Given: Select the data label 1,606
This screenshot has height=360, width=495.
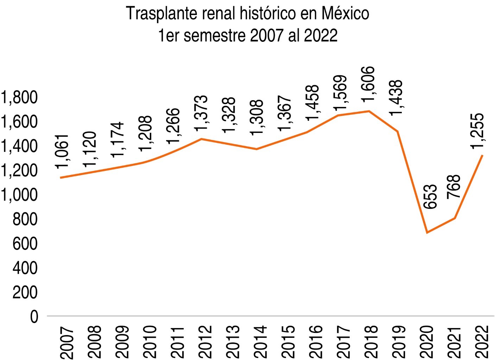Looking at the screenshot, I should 369,84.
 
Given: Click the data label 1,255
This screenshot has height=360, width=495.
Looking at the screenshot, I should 478,131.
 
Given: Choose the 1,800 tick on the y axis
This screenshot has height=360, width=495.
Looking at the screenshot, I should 19,98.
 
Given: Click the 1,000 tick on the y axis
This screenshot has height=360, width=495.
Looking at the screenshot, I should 19,195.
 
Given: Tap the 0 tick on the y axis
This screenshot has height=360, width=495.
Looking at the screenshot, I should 34,317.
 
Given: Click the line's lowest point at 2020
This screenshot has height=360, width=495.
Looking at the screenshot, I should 427,233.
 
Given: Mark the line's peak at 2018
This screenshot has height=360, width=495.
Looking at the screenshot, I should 369,111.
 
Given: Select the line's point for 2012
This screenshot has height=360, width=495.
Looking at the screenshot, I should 201,139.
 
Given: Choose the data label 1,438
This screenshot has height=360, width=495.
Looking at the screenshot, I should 396,97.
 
